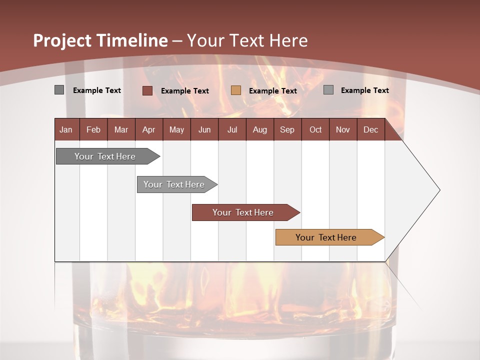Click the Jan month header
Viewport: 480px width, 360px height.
tap(66, 129)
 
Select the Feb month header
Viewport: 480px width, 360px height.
tap(93, 129)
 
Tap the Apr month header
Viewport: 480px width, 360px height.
tap(148, 129)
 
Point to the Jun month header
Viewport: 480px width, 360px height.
tap(204, 129)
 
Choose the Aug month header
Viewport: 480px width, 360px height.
tap(259, 129)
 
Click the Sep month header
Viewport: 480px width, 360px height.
tap(287, 129)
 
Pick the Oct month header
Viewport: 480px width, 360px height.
tap(315, 129)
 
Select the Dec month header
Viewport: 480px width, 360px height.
tap(370, 129)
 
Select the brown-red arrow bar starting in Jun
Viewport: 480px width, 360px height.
tap(243, 212)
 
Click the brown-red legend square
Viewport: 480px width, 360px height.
tap(147, 90)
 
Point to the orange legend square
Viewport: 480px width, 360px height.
tap(236, 90)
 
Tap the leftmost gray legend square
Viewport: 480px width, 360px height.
tap(59, 90)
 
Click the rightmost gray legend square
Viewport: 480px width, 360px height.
tap(328, 90)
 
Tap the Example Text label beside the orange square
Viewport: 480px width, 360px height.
tap(272, 91)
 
